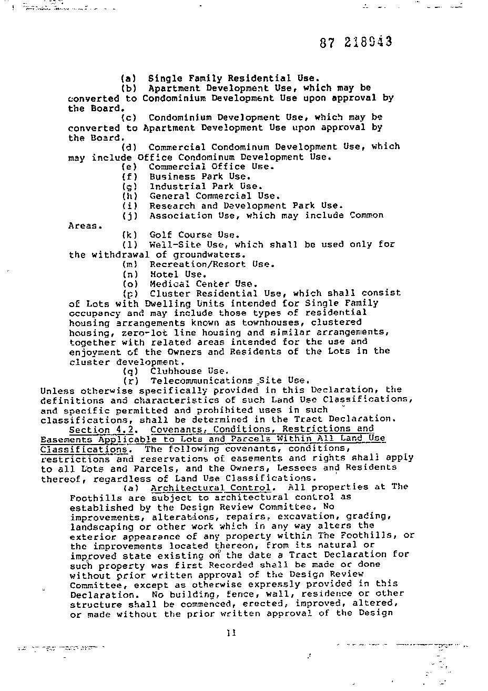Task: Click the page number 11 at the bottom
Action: click(231, 633)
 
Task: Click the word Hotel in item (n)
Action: click(164, 274)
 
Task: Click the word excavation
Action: click(312, 517)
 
